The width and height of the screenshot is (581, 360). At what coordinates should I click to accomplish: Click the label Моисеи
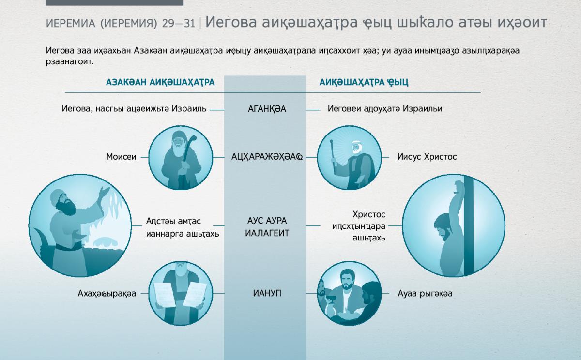pyautogui.click(x=121, y=157)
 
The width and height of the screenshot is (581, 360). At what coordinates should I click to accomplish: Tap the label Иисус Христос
pyautogui.click(x=427, y=157)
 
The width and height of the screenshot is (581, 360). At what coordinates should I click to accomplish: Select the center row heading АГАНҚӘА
pyautogui.click(x=267, y=109)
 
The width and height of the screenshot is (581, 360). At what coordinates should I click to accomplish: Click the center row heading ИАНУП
pyautogui.click(x=267, y=293)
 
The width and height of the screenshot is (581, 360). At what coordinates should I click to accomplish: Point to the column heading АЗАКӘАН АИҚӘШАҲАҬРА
pyautogui.click(x=160, y=82)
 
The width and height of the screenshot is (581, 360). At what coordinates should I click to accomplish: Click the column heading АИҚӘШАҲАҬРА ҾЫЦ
pyautogui.click(x=364, y=82)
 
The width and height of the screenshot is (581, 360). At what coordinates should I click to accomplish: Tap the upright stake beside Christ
pyautogui.click(x=469, y=225)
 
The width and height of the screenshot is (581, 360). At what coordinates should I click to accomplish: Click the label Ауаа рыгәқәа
pyautogui.click(x=425, y=293)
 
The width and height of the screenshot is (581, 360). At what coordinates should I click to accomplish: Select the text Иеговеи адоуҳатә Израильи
pyautogui.click(x=385, y=108)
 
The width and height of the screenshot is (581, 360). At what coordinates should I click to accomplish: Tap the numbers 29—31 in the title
pyautogui.click(x=179, y=24)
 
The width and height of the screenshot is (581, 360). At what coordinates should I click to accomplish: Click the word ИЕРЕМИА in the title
pyautogui.click(x=71, y=24)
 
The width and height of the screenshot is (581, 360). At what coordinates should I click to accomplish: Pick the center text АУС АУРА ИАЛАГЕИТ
pyautogui.click(x=267, y=227)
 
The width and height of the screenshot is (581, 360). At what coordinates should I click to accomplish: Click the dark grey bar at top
pyautogui.click(x=114, y=2)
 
